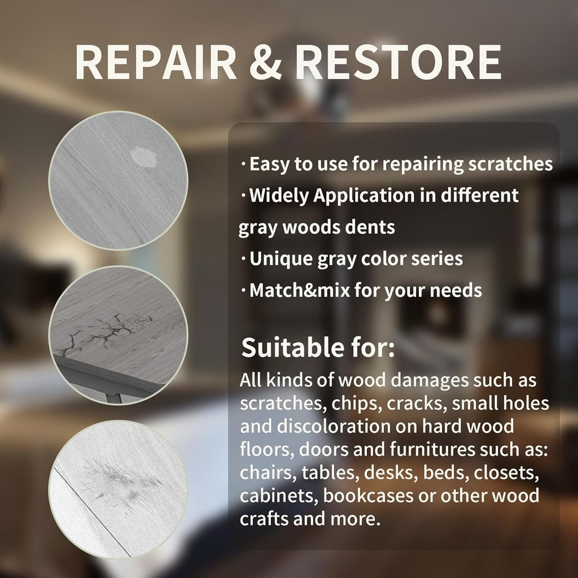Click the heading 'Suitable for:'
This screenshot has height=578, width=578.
pos(318,348)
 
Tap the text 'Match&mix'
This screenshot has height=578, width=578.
pos(299,291)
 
